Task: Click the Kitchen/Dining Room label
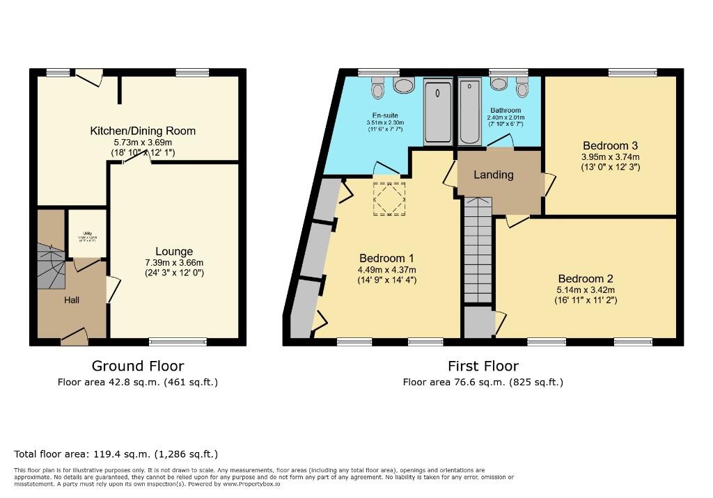[143, 131]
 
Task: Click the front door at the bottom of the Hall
[75, 338]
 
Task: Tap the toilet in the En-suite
[378, 88]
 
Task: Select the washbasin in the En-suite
[403, 85]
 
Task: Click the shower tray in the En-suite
[438, 111]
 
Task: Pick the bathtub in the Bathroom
[470, 111]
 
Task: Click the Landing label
[494, 175]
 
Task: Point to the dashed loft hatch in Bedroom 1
[389, 199]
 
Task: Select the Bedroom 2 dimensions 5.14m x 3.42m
[586, 290]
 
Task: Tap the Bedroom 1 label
[386, 259]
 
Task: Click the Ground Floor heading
[138, 366]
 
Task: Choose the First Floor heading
[483, 366]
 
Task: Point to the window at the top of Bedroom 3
[632, 72]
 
